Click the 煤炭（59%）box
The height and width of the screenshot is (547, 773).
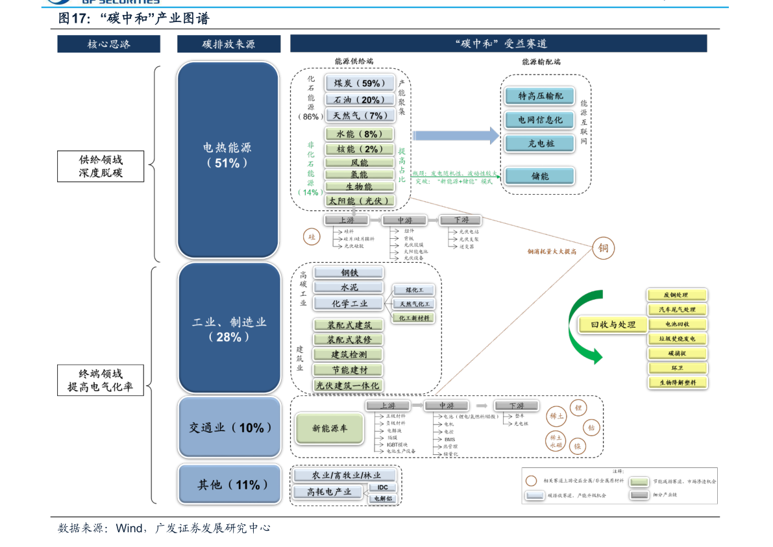360,83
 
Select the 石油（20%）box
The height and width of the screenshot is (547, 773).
360,100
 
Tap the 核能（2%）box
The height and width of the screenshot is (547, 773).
360,149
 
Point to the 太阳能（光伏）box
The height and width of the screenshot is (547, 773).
360,201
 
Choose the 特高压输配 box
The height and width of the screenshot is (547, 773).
539,96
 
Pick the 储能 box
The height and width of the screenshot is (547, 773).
539,176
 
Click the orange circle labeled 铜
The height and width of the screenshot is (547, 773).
603,248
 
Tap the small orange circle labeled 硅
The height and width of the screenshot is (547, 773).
312,237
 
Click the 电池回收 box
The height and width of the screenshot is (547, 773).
677,324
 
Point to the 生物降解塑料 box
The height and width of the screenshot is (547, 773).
677,383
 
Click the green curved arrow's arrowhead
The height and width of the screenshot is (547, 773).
596,356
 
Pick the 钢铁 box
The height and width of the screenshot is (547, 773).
349,273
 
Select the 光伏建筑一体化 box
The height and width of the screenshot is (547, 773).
348,385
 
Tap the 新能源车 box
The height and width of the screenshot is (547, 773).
330,428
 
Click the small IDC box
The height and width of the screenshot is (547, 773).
382,487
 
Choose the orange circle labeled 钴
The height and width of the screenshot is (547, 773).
591,428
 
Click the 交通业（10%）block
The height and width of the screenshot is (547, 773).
230,428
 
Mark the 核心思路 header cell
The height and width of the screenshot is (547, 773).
108,44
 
